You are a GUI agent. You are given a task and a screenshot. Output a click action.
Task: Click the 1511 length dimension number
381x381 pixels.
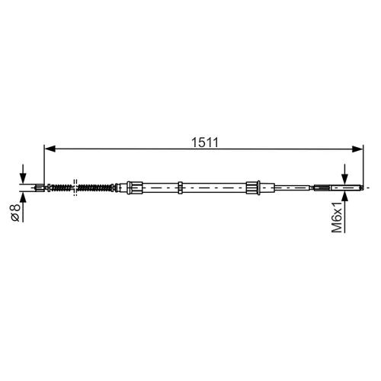point(205,142)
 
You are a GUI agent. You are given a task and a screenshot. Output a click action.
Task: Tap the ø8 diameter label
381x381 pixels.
point(15,213)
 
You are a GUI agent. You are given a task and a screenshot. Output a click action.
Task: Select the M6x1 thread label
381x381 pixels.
point(337,216)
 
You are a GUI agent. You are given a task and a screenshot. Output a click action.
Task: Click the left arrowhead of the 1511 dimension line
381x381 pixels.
point(50,149)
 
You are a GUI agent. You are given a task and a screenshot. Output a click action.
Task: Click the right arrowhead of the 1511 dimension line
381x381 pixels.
point(357,149)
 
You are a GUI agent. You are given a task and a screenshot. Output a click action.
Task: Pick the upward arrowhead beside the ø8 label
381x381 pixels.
point(23,197)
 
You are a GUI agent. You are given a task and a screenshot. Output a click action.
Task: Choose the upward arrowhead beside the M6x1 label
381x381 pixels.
point(344,197)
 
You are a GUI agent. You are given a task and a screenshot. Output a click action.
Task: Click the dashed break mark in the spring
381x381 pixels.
point(75,187)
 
